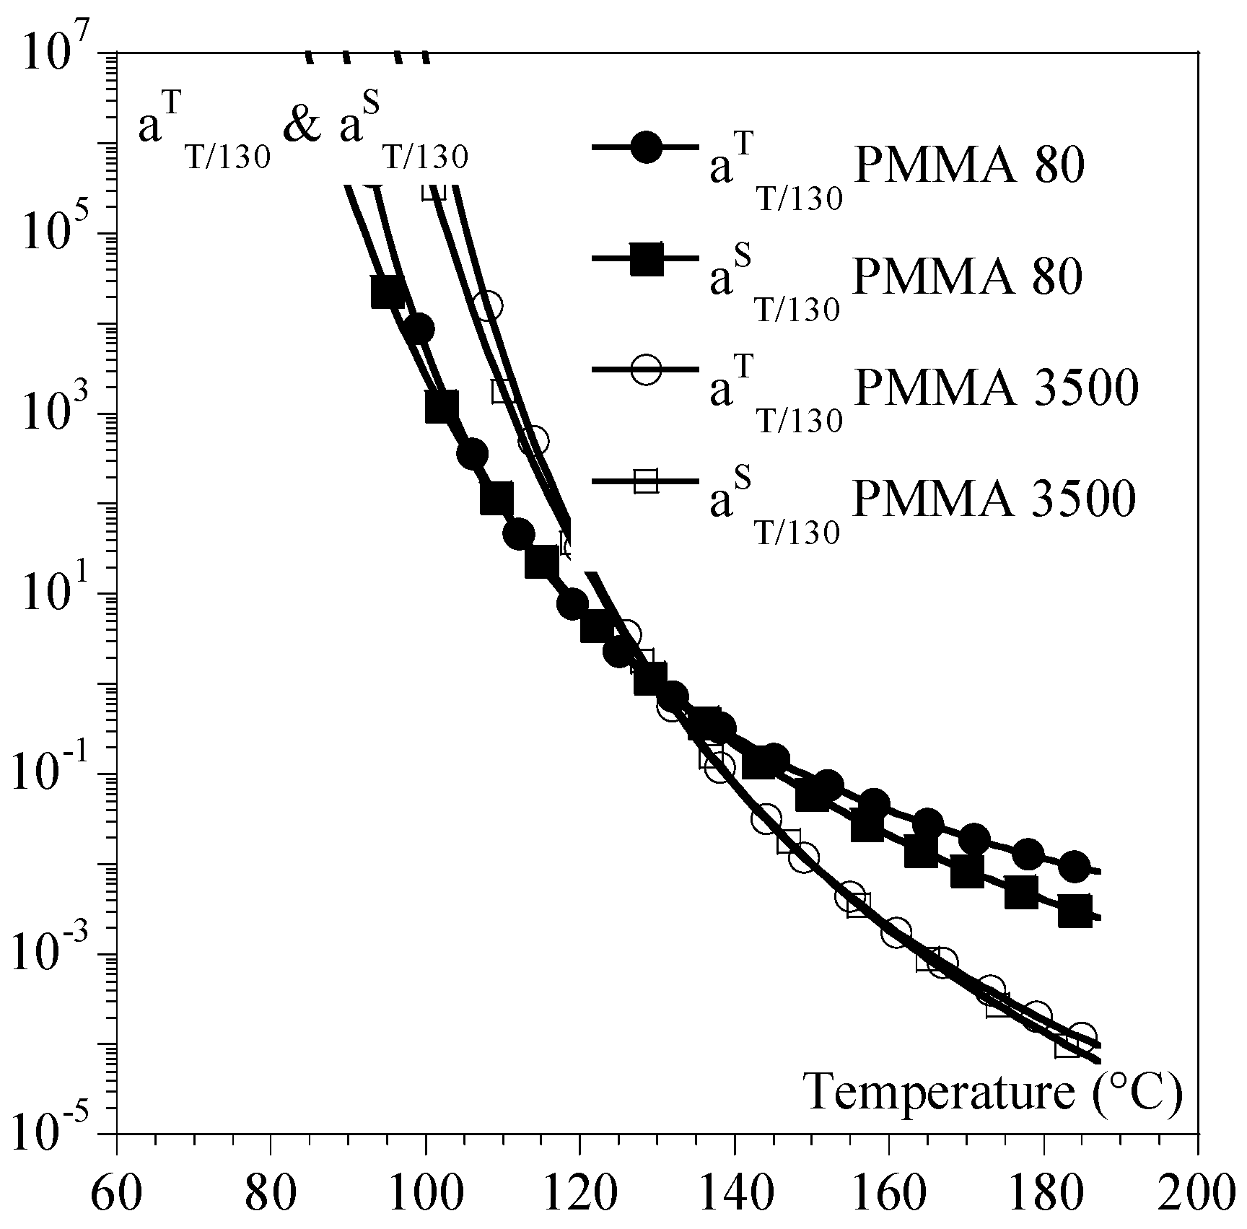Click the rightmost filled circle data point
point(1074,867)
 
